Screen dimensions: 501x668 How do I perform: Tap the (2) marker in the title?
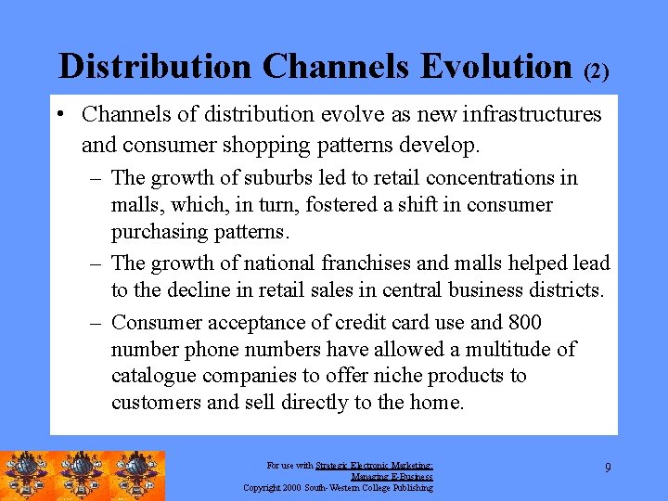[x=597, y=72]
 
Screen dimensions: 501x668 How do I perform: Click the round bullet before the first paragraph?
[x=59, y=115]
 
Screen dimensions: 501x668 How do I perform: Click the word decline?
[x=209, y=290]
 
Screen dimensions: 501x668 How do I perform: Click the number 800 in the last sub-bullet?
[x=524, y=322]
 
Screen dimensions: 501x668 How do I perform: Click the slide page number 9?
[x=608, y=468]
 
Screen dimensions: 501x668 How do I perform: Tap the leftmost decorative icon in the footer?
[x=28, y=475]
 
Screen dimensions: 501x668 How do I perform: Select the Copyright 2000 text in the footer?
[x=273, y=487]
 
